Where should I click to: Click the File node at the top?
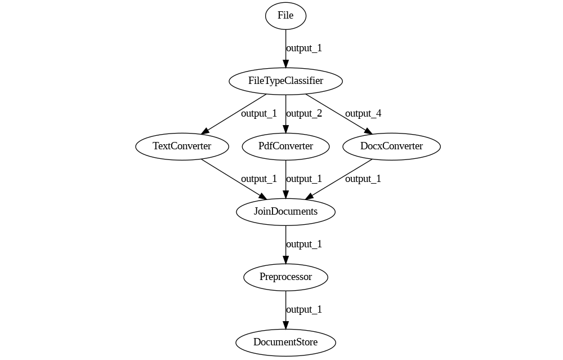pos(285,16)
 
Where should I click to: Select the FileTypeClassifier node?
pos(285,81)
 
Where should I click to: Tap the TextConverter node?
pos(182,146)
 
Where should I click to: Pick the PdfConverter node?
pos(285,146)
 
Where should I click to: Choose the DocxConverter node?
pos(391,146)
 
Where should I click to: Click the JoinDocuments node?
pos(285,212)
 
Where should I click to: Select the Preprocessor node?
pos(285,277)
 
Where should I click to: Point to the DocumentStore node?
pos(285,343)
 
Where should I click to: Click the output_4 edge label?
pos(363,114)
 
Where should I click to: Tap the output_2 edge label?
pos(304,114)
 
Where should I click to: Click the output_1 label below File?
pos(304,48)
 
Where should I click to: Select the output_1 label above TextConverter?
pos(259,114)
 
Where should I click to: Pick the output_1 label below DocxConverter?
pos(363,179)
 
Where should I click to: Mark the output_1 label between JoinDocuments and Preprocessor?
pos(304,245)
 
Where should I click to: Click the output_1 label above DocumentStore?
pos(304,310)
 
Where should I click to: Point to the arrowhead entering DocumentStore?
pos(285,325)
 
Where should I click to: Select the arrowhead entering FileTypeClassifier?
pos(285,64)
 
